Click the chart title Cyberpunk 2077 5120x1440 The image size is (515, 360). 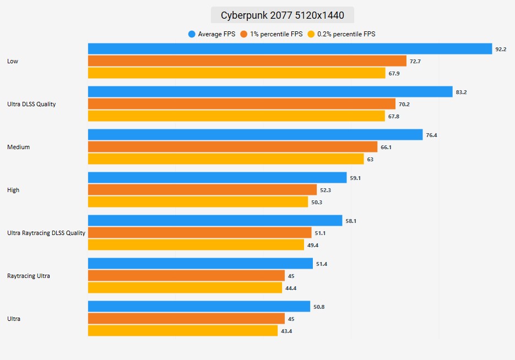point(282,15)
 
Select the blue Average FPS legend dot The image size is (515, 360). point(192,34)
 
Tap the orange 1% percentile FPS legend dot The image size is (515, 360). point(244,34)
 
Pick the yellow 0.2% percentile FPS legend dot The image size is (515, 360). point(311,34)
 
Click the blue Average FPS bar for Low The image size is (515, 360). point(290,49)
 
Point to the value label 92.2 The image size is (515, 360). point(501,49)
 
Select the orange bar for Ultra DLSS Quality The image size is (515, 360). point(242,104)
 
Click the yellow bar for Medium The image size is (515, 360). point(226,159)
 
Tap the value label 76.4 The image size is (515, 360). point(431,135)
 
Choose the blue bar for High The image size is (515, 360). point(218,178)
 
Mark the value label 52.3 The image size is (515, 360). point(326,190)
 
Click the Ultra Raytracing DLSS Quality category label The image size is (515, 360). point(46,233)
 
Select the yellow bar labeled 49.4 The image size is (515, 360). point(196,245)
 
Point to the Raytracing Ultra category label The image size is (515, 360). point(29,276)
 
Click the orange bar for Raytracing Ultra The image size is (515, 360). point(186,276)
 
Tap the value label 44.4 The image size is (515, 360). point(291,288)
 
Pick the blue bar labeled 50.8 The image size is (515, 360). point(199,307)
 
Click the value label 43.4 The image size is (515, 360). point(286,331)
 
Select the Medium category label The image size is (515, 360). point(18,147)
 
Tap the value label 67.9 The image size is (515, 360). point(394,73)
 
